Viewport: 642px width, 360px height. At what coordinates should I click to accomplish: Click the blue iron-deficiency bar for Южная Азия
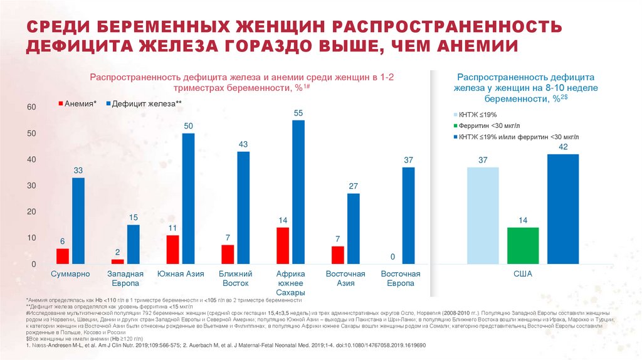(x=188, y=198)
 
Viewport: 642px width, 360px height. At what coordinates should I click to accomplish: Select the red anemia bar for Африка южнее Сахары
(x=283, y=245)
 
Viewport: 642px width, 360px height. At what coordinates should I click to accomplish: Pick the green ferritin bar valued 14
(x=523, y=245)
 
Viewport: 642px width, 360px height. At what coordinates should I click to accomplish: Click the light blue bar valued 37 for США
(x=483, y=215)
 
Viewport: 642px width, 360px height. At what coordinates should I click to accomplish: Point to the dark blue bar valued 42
(x=562, y=208)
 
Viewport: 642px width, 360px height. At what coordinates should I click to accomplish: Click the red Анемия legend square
(x=61, y=103)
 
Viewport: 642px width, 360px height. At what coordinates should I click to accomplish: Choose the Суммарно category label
(x=70, y=274)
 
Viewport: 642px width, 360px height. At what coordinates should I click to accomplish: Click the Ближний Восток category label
(x=235, y=278)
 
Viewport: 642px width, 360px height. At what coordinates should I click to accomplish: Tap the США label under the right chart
(x=523, y=274)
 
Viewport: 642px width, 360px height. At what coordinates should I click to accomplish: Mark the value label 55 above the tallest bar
(x=298, y=113)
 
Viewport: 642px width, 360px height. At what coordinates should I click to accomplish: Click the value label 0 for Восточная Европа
(x=392, y=257)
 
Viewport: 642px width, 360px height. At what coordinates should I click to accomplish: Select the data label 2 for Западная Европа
(x=117, y=252)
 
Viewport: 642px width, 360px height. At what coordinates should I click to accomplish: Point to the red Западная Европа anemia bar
(x=117, y=261)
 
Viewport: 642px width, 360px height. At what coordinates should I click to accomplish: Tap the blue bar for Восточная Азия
(x=354, y=228)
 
